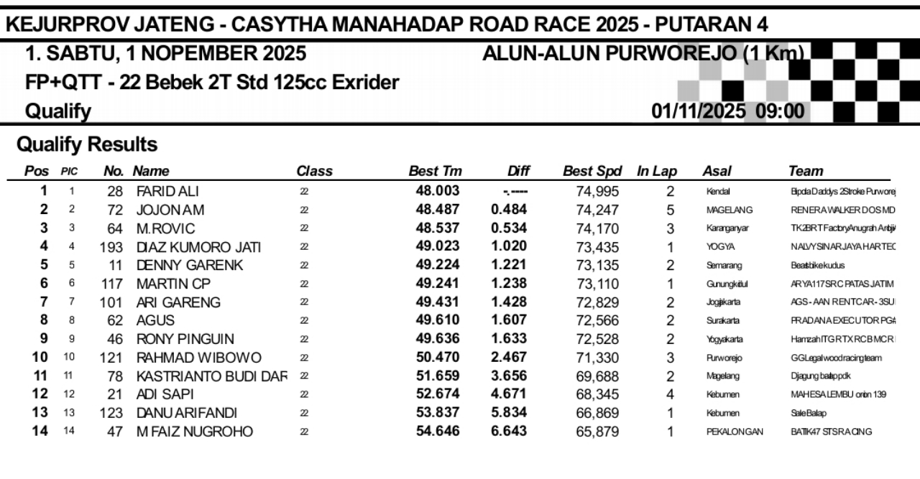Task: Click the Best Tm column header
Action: pyautogui.click(x=435, y=172)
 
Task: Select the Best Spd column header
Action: pyautogui.click(x=592, y=172)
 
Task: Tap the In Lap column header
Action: pyautogui.click(x=657, y=172)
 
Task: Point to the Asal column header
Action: pyautogui.click(x=717, y=172)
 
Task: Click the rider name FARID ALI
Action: pyautogui.click(x=167, y=192)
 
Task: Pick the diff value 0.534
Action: pyautogui.click(x=509, y=228)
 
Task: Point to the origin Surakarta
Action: pyautogui.click(x=722, y=321)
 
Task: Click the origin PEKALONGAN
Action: pyautogui.click(x=734, y=432)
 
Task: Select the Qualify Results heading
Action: pyautogui.click(x=87, y=145)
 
